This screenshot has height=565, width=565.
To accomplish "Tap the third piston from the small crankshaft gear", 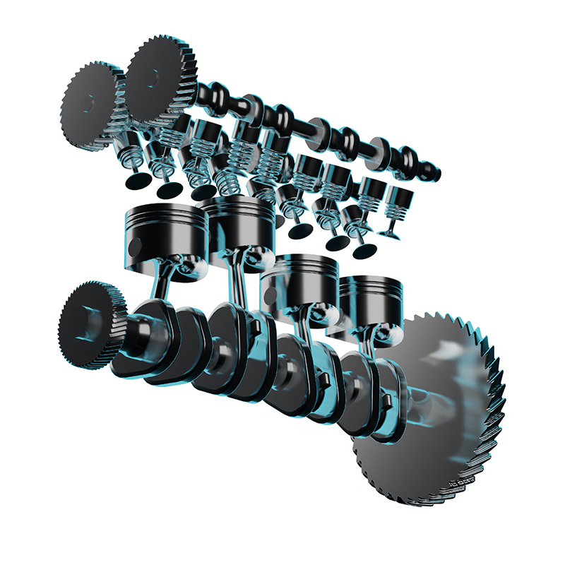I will (300, 282).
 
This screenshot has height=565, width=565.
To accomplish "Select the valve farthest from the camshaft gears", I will (393, 212).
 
